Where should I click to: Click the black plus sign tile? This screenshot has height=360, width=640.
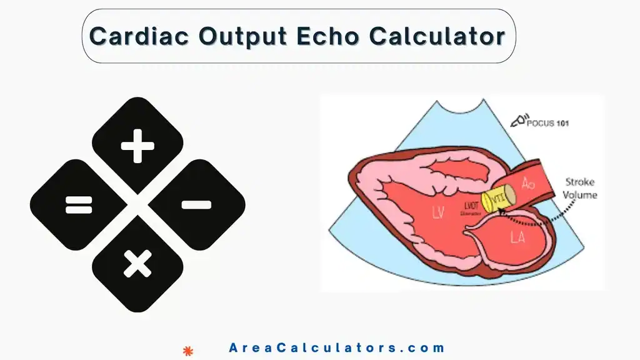[137, 149]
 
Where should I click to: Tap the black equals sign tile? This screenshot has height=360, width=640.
[79, 204]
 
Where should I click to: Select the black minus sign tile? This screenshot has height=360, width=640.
[196, 204]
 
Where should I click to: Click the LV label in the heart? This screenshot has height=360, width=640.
[437, 214]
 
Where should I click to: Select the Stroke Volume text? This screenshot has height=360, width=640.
[581, 188]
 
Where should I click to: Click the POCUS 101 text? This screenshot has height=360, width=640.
[548, 123]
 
